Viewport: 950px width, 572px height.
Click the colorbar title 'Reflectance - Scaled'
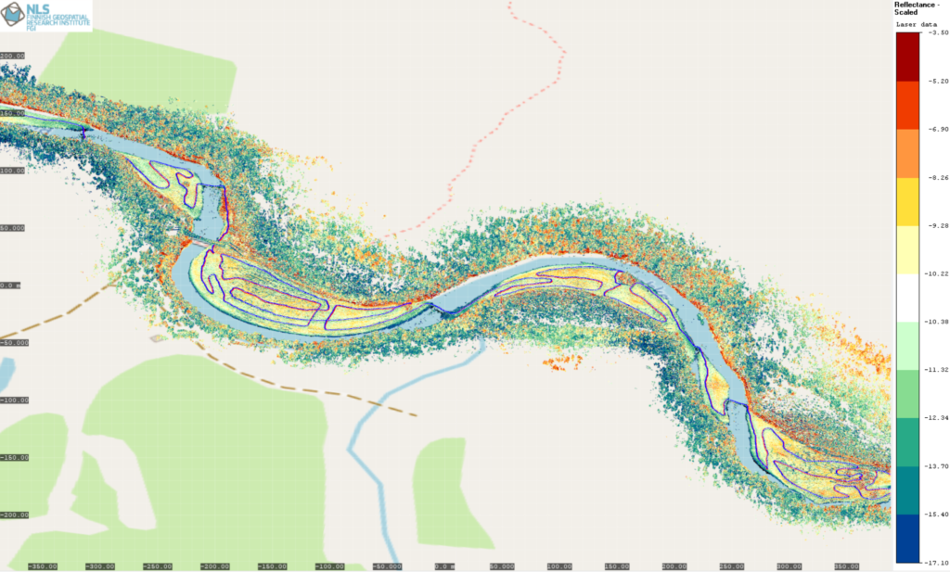coord(918,9)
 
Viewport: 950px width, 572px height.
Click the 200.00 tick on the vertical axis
coord(13,56)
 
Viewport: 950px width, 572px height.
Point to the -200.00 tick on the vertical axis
coord(14,515)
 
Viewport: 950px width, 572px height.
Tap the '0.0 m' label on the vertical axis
coord(10,286)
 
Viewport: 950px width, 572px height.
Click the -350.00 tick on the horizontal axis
coord(42,566)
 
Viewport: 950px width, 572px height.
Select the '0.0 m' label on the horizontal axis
coord(444,566)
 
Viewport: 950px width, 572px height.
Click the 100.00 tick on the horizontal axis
coord(559,566)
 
